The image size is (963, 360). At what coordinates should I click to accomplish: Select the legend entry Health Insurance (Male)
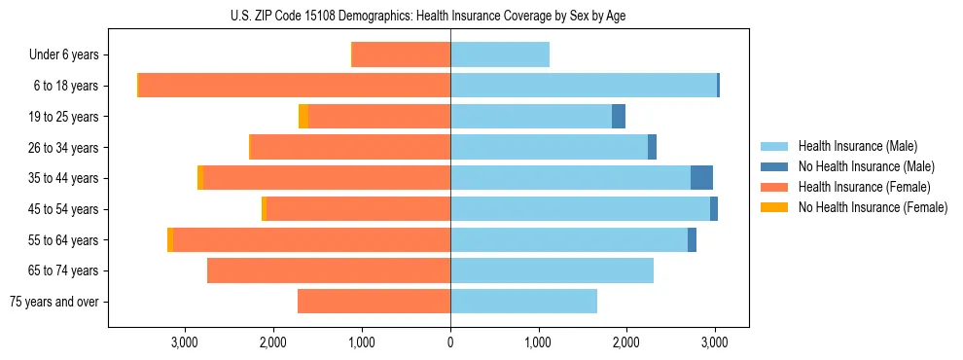click(857, 146)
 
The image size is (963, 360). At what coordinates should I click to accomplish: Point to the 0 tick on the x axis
click(450, 342)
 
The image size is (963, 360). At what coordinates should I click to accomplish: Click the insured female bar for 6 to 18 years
click(295, 86)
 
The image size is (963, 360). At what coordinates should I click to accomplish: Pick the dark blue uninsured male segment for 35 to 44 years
click(701, 178)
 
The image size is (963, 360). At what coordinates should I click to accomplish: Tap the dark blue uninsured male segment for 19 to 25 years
click(619, 117)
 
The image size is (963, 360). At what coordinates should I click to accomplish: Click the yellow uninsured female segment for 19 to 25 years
click(303, 117)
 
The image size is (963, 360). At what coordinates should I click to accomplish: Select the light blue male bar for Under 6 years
click(500, 55)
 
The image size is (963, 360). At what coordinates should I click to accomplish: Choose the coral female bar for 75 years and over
click(374, 302)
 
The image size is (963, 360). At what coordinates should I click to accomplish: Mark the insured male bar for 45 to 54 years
click(580, 209)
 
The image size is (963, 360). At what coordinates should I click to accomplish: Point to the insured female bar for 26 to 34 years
click(350, 147)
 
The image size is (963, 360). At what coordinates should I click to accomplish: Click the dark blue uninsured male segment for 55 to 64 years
click(692, 240)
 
